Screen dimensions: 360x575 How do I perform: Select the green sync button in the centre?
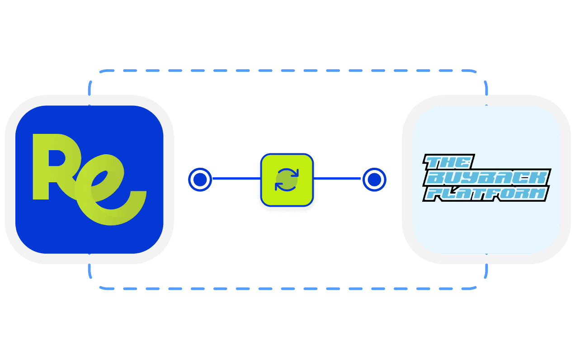[287, 180]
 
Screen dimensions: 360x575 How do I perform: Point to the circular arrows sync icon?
[287, 180]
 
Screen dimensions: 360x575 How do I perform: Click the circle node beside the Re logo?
[199, 180]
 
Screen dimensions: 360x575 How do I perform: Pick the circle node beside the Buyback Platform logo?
[374, 180]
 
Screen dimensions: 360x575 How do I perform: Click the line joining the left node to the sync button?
[236, 179]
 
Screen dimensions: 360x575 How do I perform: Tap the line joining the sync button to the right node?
[337, 179]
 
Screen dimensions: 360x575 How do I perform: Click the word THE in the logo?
[449, 162]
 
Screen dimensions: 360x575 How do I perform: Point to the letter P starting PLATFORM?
[434, 194]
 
